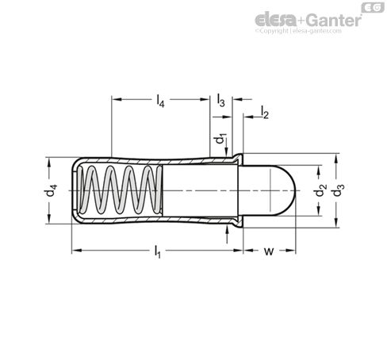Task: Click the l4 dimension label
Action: [160, 101]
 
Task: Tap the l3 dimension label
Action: [220, 101]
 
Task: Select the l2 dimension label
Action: [265, 112]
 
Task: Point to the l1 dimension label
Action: [157, 252]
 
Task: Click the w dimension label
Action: [269, 251]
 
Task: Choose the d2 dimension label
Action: [320, 190]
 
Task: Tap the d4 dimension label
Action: [50, 190]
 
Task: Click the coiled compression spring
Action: [121, 190]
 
